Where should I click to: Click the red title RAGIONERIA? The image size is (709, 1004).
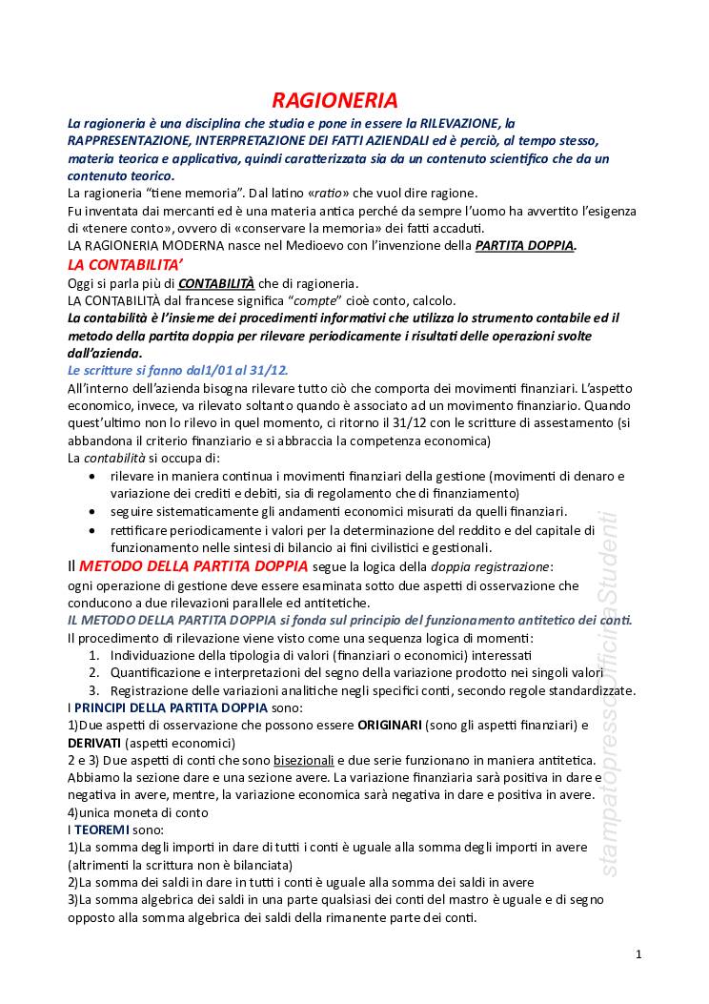[x=334, y=101]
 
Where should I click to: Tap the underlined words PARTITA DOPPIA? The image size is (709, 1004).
[x=524, y=246]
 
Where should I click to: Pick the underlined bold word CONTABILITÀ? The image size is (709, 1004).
[x=216, y=283]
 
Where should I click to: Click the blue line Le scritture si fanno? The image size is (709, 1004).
[x=177, y=370]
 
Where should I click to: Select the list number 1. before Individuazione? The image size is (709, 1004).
[x=94, y=656]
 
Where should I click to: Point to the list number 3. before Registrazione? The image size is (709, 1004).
[x=94, y=690]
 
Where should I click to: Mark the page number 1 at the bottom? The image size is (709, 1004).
[x=638, y=954]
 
